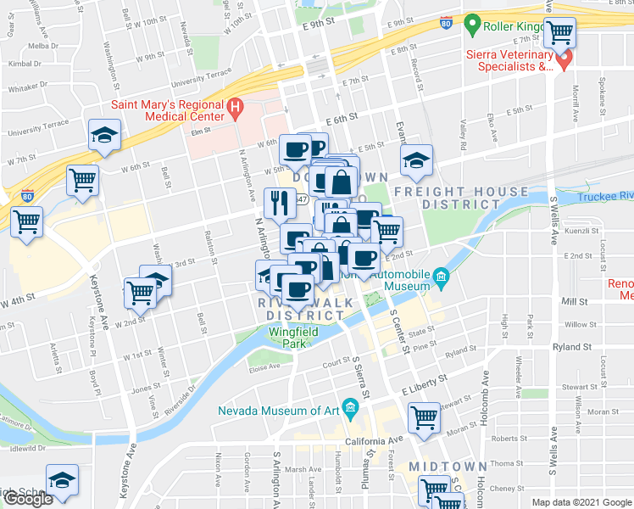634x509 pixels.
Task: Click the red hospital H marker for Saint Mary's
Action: [x=236, y=109]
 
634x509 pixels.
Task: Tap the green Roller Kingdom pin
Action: [x=473, y=25]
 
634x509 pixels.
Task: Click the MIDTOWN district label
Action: [x=448, y=467]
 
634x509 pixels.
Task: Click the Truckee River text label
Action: [x=605, y=197]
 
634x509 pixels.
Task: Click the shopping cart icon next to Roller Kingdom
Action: [x=559, y=32]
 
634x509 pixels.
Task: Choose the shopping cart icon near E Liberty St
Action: [x=424, y=417]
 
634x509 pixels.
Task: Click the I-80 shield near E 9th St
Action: [x=446, y=25]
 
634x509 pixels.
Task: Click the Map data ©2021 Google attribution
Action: [x=581, y=502]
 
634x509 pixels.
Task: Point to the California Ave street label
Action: [x=374, y=441]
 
